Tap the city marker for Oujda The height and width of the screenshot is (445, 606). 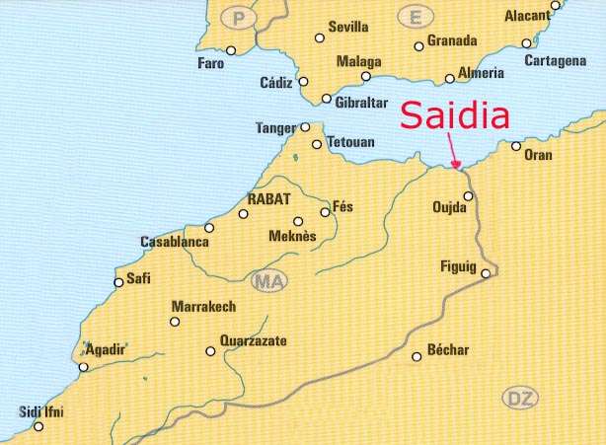pyautogui.click(x=469, y=195)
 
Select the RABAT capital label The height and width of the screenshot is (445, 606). pyautogui.click(x=269, y=197)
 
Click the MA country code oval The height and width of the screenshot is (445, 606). pyautogui.click(x=268, y=283)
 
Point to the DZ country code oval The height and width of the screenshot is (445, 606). pyautogui.click(x=521, y=399)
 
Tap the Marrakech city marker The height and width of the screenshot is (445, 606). pyautogui.click(x=175, y=321)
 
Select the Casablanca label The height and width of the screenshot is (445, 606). pyautogui.click(x=174, y=242)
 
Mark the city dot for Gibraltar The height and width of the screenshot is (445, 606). pyautogui.click(x=328, y=98)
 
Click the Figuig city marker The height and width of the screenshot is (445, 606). pyautogui.click(x=486, y=273)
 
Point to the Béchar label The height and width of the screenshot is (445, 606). pyautogui.click(x=449, y=350)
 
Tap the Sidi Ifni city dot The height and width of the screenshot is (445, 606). pyautogui.click(x=39, y=427)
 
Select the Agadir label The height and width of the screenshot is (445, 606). pyautogui.click(x=106, y=350)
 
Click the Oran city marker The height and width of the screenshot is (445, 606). pyautogui.click(x=516, y=146)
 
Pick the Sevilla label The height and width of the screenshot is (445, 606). pyautogui.click(x=348, y=28)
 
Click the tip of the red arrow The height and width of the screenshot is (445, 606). pyautogui.click(x=457, y=169)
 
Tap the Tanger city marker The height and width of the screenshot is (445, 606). pyautogui.click(x=305, y=126)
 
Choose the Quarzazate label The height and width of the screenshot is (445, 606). pyautogui.click(x=253, y=341)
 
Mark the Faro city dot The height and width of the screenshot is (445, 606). pyautogui.click(x=231, y=50)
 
